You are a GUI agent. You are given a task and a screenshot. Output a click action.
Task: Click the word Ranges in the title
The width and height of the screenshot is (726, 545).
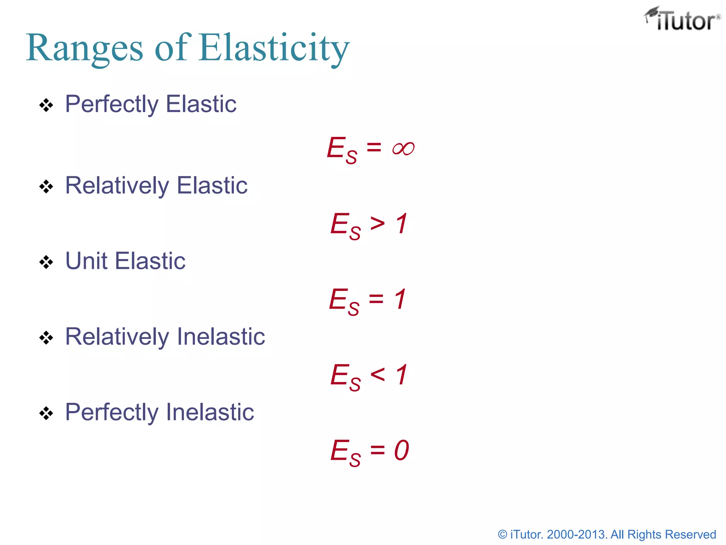tap(84, 48)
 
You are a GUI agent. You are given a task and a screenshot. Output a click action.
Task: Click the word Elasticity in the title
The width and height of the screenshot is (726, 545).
tap(274, 48)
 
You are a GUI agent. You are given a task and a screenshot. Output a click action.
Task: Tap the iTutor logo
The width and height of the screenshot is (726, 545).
tap(682, 20)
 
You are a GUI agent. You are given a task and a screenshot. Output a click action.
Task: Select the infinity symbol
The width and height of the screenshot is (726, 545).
tap(403, 148)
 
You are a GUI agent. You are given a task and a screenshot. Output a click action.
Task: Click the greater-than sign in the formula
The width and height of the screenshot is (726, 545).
tap(377, 224)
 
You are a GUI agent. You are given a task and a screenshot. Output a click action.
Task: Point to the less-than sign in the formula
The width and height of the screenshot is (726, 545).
tap(377, 374)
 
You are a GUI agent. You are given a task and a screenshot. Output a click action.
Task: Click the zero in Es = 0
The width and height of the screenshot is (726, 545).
tap(401, 450)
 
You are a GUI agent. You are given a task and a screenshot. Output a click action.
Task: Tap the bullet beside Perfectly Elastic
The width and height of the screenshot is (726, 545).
tap(46, 105)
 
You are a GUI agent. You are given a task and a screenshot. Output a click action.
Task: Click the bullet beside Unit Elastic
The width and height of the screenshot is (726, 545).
tap(46, 263)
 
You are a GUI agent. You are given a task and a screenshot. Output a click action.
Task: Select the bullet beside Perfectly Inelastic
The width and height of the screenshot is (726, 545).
tap(46, 413)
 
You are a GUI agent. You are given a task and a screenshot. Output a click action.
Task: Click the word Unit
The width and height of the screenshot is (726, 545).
tap(86, 261)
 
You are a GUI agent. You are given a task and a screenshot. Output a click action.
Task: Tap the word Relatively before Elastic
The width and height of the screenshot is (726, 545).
tap(117, 186)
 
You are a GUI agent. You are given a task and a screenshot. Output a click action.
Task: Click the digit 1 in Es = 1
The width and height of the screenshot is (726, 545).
tap(400, 299)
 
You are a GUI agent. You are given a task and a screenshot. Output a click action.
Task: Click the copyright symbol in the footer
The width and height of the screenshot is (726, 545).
tap(502, 534)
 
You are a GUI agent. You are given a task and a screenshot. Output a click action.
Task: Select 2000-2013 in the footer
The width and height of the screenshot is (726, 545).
tap(576, 534)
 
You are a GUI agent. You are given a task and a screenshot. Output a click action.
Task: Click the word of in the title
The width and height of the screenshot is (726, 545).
tap(171, 48)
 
